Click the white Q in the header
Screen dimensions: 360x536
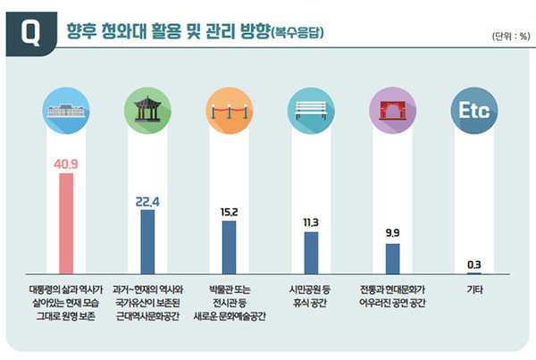pos(30,34)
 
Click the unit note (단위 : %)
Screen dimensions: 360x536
pos(508,36)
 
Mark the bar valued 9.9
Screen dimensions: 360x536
pos(392,257)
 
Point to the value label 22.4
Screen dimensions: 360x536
pos(147,202)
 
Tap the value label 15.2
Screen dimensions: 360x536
pos(229,213)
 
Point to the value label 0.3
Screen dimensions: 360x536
pos(473,264)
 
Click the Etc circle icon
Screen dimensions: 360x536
pos(473,112)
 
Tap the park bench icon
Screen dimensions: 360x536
pos(311,112)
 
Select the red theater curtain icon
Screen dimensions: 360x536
pos(392,112)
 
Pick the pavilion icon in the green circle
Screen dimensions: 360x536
pos(147,112)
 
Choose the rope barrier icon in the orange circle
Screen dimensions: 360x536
pos(229,112)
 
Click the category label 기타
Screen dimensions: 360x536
pos(473,289)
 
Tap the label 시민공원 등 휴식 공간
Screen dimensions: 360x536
pos(311,296)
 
